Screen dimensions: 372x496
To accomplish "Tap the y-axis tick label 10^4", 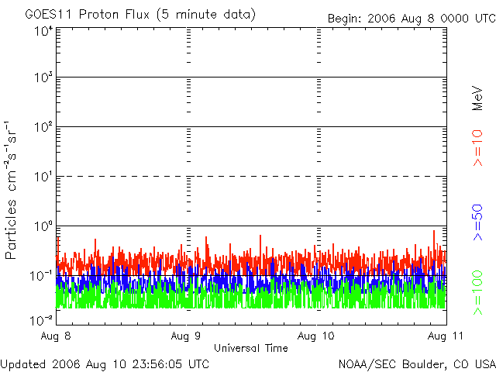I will [x=43, y=32].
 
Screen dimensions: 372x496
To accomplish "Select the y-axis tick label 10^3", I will [x=43, y=78].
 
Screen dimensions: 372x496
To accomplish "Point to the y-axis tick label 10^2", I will [x=43, y=127].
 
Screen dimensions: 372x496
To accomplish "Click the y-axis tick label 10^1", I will [x=43, y=177].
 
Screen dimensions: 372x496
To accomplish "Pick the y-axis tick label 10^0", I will [x=43, y=226].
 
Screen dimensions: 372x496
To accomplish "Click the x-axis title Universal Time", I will [x=250, y=349].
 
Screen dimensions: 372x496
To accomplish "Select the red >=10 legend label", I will [x=477, y=147].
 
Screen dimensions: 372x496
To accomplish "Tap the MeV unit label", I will [x=477, y=98].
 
